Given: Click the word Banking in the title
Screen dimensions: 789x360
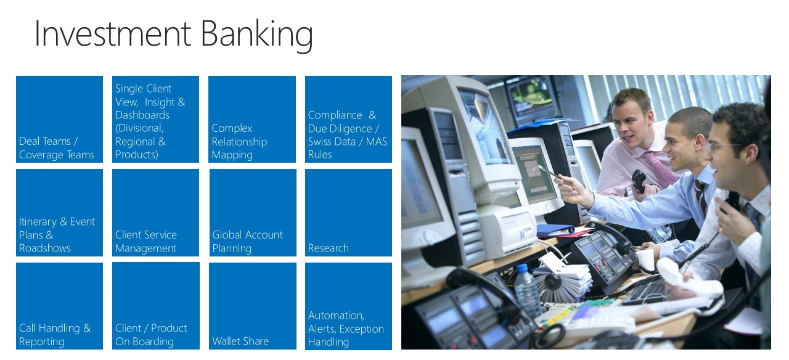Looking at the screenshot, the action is [257, 34].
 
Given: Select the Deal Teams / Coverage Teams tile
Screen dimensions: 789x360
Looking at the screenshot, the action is [60, 119].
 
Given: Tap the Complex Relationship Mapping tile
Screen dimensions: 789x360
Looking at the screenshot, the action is [252, 119].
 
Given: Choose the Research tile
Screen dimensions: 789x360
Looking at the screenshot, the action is [348, 213].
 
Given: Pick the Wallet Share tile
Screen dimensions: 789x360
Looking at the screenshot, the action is [253, 306].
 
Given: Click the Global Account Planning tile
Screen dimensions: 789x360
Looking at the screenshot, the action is [253, 213].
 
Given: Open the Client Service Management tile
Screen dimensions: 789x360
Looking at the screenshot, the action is [156, 213].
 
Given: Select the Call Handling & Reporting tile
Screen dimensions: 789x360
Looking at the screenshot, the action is [60, 306].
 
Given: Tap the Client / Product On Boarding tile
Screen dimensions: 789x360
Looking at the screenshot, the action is [156, 306].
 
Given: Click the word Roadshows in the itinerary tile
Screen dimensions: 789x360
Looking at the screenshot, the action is [45, 248].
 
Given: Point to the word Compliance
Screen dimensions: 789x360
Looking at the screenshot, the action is [335, 115].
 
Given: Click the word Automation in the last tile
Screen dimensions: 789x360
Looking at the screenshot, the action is [336, 315].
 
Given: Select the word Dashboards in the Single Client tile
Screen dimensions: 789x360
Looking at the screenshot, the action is [142, 115].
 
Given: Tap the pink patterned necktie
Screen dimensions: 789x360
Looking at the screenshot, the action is [660, 168].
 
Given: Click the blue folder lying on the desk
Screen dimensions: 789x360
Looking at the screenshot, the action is [555, 231].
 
